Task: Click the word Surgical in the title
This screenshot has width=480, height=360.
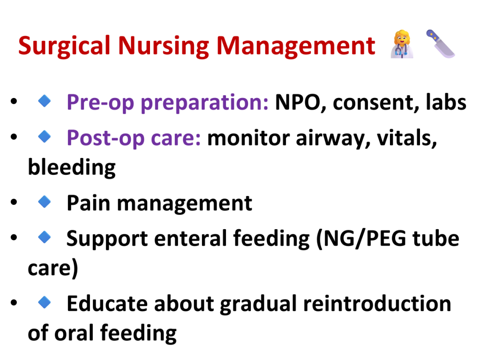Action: [64, 46]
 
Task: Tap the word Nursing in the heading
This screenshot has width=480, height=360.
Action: [163, 46]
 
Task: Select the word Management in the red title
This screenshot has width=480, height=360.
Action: [296, 46]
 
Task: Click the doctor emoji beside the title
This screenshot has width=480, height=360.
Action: [402, 44]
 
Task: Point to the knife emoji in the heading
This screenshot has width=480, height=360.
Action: [440, 44]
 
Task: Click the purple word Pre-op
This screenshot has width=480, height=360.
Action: [100, 103]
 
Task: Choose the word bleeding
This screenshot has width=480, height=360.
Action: [72, 168]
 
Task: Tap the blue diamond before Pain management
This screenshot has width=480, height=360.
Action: [45, 202]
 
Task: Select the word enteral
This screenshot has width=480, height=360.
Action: [190, 238]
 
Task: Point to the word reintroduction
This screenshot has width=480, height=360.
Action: [377, 304]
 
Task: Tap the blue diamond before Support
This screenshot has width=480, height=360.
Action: [45, 237]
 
